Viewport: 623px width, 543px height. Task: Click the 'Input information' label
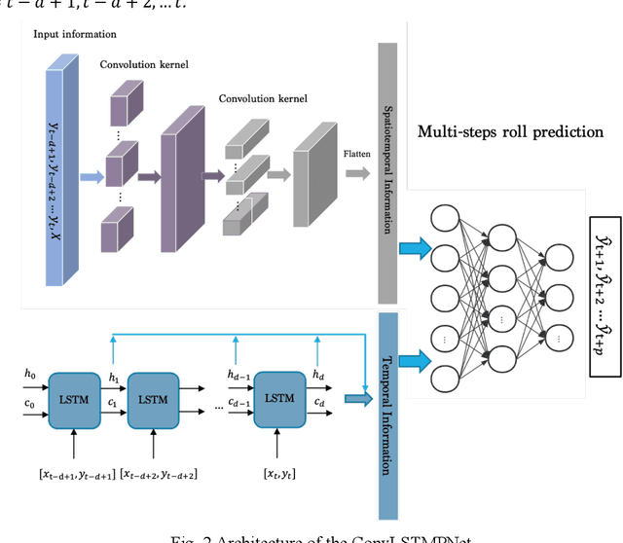(x=75, y=34)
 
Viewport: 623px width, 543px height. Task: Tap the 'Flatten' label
(x=356, y=152)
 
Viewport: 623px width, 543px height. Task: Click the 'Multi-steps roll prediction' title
(x=510, y=131)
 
